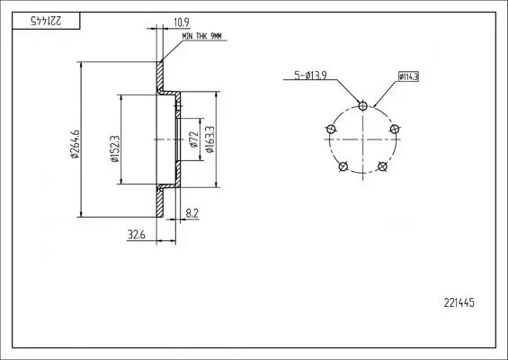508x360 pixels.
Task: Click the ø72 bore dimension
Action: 193,139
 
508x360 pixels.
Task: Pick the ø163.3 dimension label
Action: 209,139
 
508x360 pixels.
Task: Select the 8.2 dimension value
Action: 192,213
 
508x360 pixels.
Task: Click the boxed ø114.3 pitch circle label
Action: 407,76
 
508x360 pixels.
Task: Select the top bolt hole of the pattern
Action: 362,105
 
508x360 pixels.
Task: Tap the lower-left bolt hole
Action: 343,166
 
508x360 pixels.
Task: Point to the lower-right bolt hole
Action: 382,166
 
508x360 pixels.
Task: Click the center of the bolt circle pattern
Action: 362,139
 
